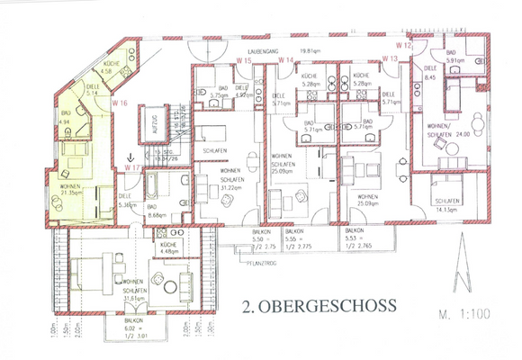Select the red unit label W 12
tap(403, 45)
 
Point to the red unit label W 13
tap(390, 58)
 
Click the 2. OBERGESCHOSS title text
tap(319, 307)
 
